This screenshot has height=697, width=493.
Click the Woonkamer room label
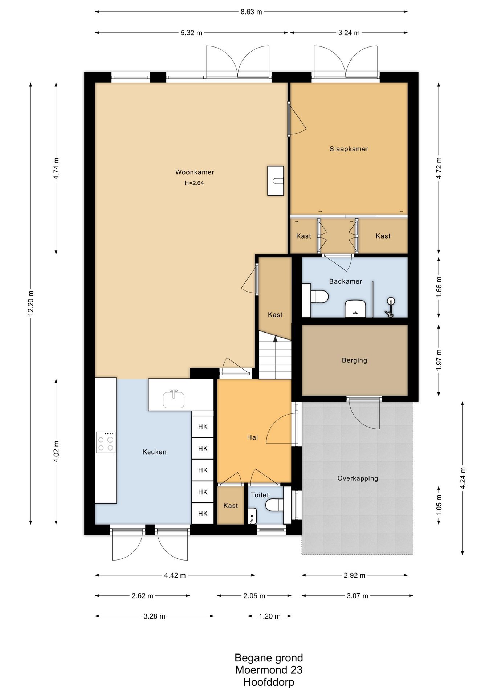pyautogui.click(x=195, y=172)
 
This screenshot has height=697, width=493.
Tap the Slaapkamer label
pyautogui.click(x=349, y=149)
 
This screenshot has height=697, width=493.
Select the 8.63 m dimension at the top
pyautogui.click(x=251, y=12)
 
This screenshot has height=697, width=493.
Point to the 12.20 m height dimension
pyautogui.click(x=31, y=303)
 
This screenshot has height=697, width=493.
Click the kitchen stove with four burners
pyautogui.click(x=106, y=442)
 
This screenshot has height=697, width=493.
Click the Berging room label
pyautogui.click(x=354, y=360)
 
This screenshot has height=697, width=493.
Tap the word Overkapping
pyautogui.click(x=358, y=478)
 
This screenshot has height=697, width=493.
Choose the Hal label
pyautogui.click(x=252, y=437)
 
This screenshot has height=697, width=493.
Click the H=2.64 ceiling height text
pyautogui.click(x=194, y=183)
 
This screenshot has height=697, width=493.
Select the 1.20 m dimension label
pyautogui.click(x=270, y=616)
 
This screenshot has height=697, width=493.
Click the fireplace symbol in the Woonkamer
pyautogui.click(x=276, y=181)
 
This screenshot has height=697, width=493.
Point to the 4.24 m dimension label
pyautogui.click(x=463, y=478)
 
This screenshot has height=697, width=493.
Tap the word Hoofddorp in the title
pyautogui.click(x=269, y=682)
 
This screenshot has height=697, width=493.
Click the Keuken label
pyautogui.click(x=154, y=452)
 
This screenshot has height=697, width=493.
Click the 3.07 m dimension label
pyautogui.click(x=358, y=596)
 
